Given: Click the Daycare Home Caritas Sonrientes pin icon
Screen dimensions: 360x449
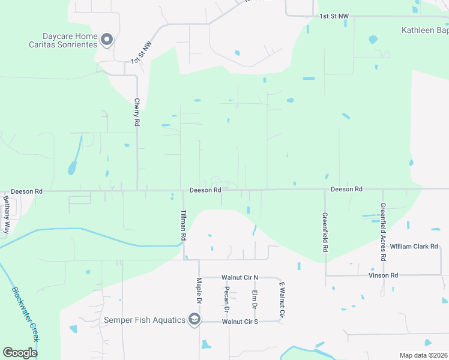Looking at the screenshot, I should (x=107, y=40).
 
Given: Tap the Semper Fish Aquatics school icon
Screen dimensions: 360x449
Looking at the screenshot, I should (x=193, y=320).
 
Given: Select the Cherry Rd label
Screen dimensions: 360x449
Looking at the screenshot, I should (x=137, y=112).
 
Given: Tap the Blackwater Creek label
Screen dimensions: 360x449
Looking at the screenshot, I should (x=26, y=314).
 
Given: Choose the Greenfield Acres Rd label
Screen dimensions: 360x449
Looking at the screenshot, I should (x=382, y=232).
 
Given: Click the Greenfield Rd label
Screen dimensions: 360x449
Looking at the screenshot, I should (x=325, y=232).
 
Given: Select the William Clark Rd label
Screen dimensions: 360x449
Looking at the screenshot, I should (x=415, y=247).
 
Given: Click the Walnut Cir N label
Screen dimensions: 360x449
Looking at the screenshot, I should (x=240, y=277).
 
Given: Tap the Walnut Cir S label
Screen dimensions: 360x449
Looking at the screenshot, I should (x=240, y=322).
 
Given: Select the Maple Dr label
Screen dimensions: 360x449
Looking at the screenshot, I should (x=199, y=291).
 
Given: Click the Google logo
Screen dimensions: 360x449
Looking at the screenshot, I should (x=20, y=353).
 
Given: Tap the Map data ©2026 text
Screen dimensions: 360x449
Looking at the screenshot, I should (x=424, y=355).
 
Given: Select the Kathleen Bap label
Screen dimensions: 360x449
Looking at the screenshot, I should (x=424, y=29).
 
